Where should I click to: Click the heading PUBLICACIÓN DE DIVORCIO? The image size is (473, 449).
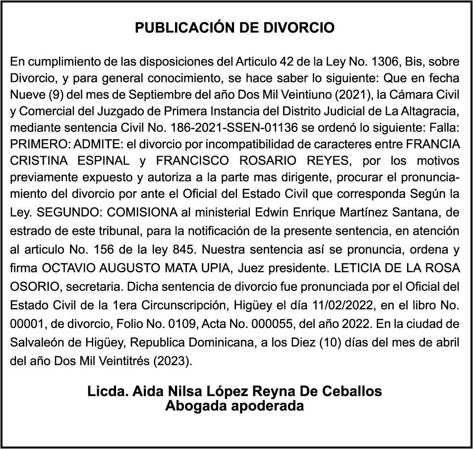235,28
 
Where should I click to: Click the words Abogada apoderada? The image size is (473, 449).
235,406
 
